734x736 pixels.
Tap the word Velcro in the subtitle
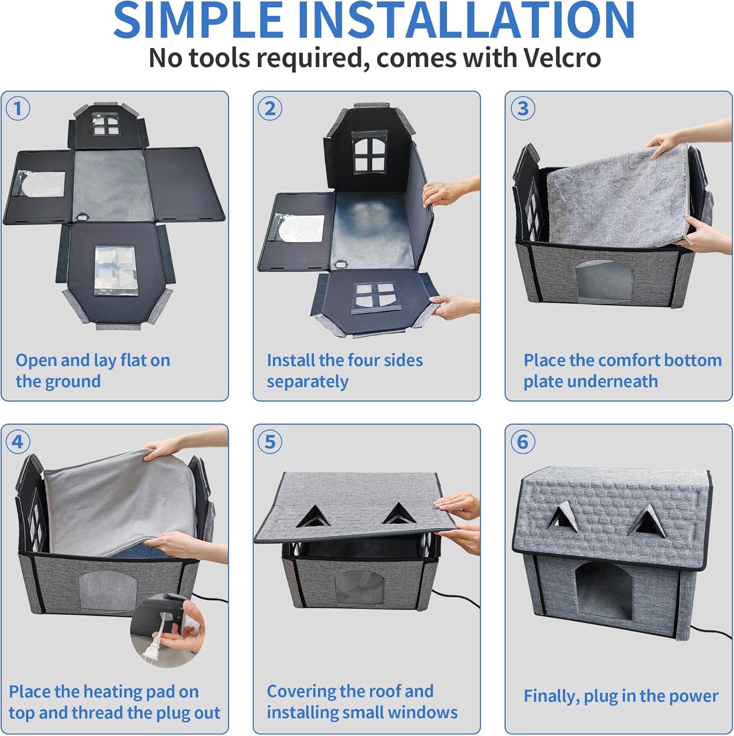point(562,58)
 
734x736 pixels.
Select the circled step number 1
point(18,108)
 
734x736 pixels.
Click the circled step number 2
point(270,108)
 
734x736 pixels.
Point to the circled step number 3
point(523,108)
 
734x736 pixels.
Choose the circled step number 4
point(18,442)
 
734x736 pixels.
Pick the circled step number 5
point(270,442)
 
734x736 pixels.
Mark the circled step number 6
point(523,442)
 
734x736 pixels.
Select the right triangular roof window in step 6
point(645,521)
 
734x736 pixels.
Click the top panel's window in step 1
point(106,124)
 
